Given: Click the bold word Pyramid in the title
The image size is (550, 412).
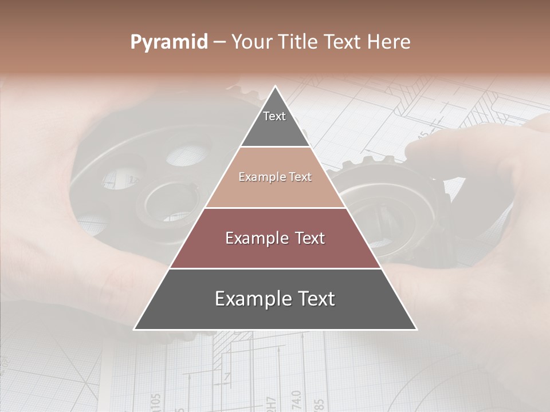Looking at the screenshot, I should (x=168, y=42).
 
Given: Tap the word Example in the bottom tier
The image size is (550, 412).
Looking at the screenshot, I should (x=250, y=299).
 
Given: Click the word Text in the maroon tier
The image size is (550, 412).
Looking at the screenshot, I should (x=308, y=238).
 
